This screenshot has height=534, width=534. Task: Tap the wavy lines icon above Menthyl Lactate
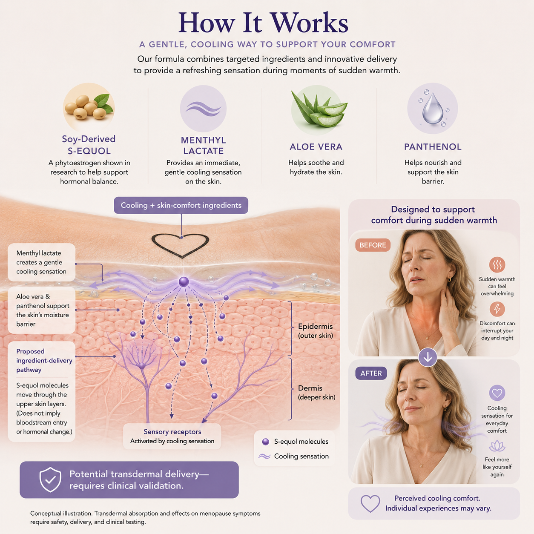point(203,108)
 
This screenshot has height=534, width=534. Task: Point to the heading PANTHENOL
point(433,146)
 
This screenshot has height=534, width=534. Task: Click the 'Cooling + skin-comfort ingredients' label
point(181,205)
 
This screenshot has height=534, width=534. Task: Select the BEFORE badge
point(373,245)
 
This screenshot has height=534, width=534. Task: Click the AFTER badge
point(371,373)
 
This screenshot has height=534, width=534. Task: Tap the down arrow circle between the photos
point(428,357)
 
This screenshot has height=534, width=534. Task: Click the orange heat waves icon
point(497,265)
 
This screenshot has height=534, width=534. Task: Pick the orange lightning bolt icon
point(497,309)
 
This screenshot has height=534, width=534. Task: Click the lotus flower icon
point(497,446)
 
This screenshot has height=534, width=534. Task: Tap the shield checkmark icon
point(50,479)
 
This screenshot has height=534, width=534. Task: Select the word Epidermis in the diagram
point(316,326)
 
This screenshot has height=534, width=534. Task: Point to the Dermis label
point(310,388)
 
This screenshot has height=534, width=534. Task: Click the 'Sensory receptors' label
point(172,431)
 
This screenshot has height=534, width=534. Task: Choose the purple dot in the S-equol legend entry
point(265,442)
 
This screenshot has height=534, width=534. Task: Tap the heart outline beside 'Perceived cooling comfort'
point(370,503)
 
